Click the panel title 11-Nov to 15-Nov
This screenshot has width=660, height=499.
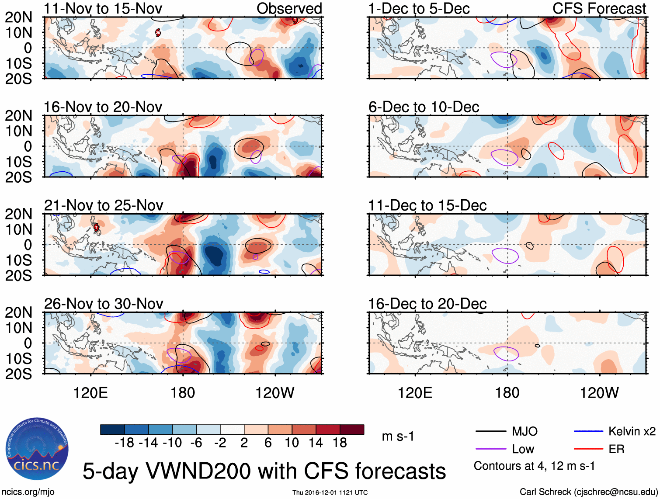(103, 8)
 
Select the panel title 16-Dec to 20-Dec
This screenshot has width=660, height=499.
(427, 304)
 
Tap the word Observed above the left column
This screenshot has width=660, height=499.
(289, 8)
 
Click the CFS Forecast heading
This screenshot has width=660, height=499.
(599, 8)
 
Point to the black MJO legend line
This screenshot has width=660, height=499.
(490, 431)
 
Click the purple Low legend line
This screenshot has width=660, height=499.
(490, 449)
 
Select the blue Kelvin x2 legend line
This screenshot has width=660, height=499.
(588, 431)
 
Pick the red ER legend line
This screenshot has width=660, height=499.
(588, 449)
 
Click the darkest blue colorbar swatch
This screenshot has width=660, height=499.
(112, 430)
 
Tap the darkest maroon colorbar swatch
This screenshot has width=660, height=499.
(352, 430)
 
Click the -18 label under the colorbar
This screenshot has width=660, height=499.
(125, 443)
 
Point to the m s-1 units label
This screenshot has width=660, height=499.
(398, 436)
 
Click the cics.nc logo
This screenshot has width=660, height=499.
(37, 449)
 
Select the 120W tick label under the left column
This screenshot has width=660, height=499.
(274, 393)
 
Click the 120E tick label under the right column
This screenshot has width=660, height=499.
(415, 393)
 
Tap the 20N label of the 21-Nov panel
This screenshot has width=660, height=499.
(18, 214)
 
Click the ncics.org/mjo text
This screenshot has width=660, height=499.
(28, 492)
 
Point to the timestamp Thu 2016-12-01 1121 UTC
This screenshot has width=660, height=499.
(330, 492)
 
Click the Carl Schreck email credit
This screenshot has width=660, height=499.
(588, 492)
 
